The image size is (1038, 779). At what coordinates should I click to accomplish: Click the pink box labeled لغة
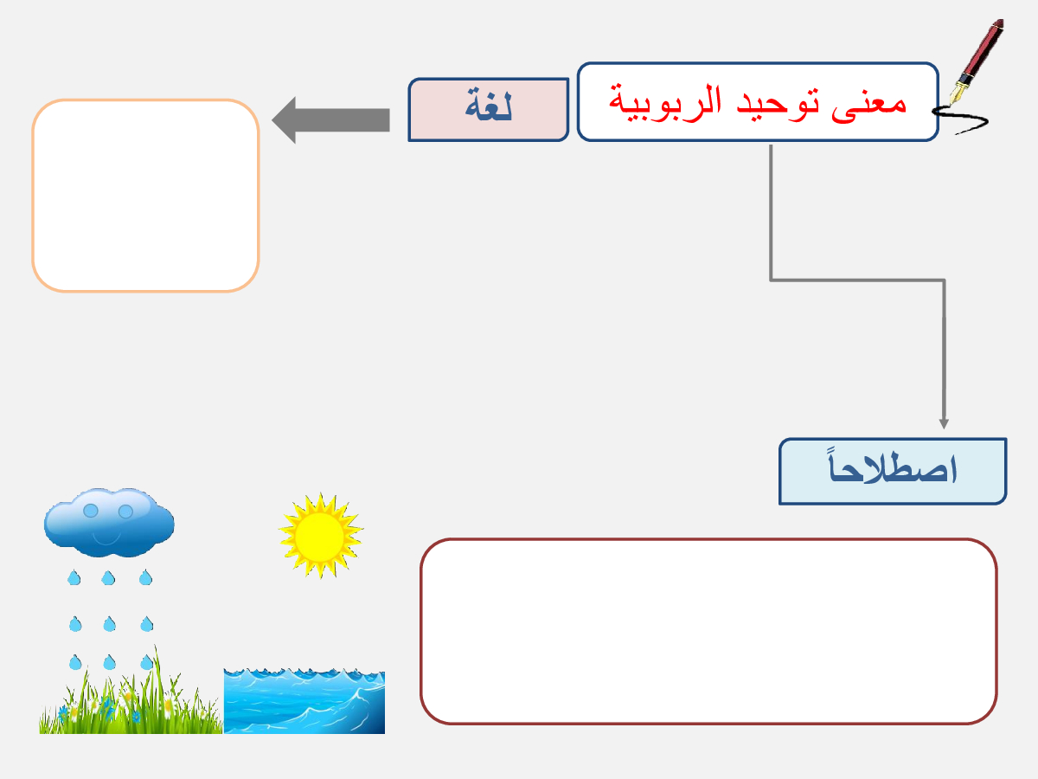[489, 110]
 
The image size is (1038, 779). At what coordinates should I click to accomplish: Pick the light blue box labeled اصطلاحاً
[893, 472]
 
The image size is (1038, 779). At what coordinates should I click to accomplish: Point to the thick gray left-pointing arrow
[330, 120]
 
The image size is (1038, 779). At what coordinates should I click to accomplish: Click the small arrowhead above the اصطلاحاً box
[944, 424]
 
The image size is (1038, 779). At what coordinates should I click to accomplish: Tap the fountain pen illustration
[976, 61]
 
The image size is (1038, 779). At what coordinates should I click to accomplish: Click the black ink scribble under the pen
[960, 119]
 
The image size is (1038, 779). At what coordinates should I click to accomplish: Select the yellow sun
[321, 536]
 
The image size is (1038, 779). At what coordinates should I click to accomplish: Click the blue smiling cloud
[109, 522]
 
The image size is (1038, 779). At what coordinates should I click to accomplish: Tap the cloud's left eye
[91, 511]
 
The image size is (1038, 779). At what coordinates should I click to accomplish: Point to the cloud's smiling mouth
[106, 538]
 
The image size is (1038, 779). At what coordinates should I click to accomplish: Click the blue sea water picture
[304, 700]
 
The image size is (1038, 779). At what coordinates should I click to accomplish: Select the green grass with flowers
[131, 694]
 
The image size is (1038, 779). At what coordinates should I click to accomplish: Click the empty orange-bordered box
[145, 196]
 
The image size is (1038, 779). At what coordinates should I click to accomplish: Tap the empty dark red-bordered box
[708, 632]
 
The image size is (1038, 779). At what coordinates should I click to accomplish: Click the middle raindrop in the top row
[108, 577]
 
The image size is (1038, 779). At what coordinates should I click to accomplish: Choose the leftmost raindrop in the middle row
[75, 624]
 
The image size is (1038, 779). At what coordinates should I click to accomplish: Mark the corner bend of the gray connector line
[771, 280]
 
